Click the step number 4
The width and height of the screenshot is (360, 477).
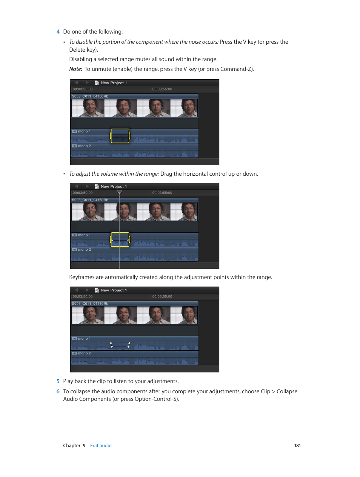(58, 32)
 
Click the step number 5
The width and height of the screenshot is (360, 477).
(58, 381)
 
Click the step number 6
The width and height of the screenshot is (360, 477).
(58, 391)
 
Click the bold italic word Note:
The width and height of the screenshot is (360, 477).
(75, 69)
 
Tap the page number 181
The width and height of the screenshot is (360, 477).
(297, 446)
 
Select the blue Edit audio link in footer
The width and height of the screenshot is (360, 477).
(101, 446)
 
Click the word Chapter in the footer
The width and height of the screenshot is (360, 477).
(72, 446)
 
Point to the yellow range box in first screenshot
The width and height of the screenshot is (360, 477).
(120, 136)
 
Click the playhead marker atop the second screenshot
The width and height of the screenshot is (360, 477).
(120, 192)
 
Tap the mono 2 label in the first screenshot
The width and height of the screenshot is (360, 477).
(84, 146)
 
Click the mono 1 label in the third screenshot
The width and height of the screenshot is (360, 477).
(84, 339)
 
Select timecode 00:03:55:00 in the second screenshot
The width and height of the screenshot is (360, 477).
(162, 193)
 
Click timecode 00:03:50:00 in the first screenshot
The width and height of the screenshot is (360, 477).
(83, 89)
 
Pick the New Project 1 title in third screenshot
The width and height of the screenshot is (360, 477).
(114, 290)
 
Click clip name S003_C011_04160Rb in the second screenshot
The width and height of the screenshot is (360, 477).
(90, 200)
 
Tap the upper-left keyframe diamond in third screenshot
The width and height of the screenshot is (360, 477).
(111, 343)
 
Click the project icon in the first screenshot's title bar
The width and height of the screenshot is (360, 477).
(97, 83)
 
